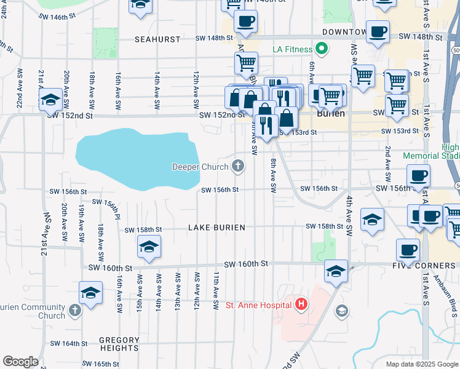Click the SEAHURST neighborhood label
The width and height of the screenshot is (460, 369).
pyautogui.click(x=158, y=39)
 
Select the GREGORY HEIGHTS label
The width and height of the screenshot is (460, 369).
pyautogui.click(x=119, y=344)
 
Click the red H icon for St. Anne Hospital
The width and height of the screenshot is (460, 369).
pyautogui.click(x=301, y=304)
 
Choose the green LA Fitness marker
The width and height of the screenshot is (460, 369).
pyautogui.click(x=321, y=49)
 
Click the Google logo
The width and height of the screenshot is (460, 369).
pyautogui.click(x=20, y=362)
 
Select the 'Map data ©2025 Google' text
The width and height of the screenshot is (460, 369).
pyautogui.click(x=421, y=364)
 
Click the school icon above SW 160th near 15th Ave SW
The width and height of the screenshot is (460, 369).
pyautogui.click(x=148, y=247)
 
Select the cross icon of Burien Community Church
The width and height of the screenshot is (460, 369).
pyautogui.click(x=74, y=309)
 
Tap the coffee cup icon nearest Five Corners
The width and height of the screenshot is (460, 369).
pyautogui.click(x=407, y=250)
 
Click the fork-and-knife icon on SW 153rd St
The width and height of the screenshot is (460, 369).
pyautogui.click(x=266, y=125)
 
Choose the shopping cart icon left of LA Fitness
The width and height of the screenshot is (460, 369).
pyautogui.click(x=246, y=61)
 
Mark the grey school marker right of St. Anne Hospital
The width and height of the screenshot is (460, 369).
pyautogui.click(x=341, y=312)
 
